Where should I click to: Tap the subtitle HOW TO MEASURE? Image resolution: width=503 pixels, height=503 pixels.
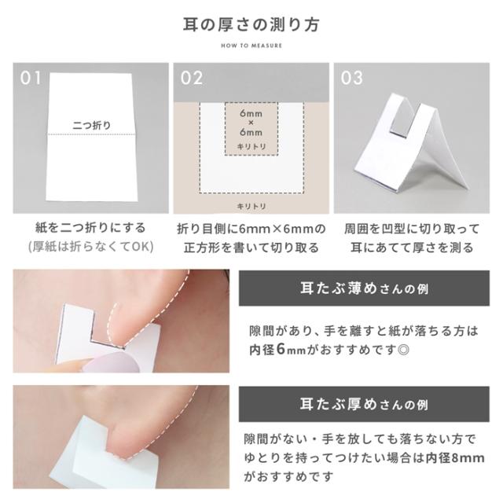tap(251, 45)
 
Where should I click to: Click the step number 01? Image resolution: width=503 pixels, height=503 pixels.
tap(31, 79)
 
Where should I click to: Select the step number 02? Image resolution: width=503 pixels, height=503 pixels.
tap(192, 79)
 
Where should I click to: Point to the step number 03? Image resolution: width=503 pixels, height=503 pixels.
tap(353, 79)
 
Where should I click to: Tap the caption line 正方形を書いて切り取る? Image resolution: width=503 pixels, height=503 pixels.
tap(251, 248)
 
